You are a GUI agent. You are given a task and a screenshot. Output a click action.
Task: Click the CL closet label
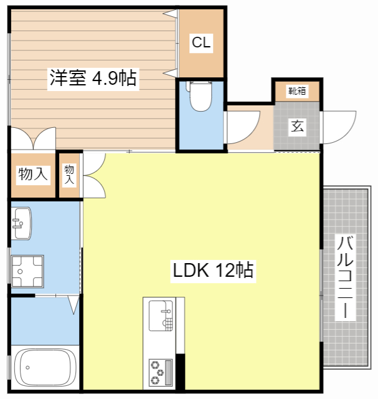click(201, 43)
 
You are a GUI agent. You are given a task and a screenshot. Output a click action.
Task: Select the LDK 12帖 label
click(212, 271)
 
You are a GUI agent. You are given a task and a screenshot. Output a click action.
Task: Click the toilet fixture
click(201, 97)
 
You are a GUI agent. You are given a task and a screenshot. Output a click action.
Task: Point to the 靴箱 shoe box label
click(296, 91)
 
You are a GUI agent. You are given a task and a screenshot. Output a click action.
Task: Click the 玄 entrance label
click(297, 126)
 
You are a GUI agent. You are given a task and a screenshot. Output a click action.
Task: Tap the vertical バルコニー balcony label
click(344, 277)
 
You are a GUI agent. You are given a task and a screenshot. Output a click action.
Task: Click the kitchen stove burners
click(160, 373)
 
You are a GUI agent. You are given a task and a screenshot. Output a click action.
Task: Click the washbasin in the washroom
click(22, 223)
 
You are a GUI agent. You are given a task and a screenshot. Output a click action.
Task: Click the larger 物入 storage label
click(32, 174)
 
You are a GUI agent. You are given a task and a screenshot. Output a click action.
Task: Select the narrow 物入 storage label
click(69, 174)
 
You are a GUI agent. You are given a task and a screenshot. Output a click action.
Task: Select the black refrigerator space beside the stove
click(181, 372)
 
